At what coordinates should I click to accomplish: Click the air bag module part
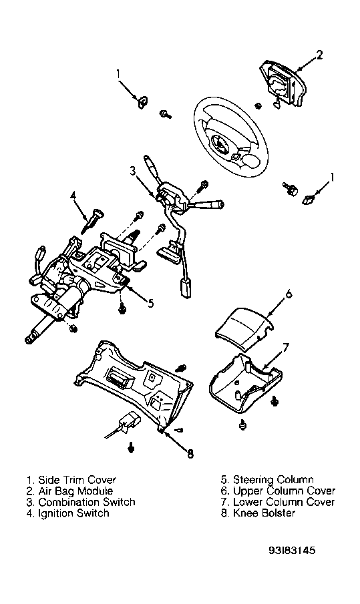click(x=284, y=85)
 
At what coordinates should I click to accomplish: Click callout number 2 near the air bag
click(x=319, y=55)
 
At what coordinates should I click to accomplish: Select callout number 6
click(x=288, y=294)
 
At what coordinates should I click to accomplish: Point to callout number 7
click(x=285, y=348)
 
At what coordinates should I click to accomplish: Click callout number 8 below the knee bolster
click(x=190, y=454)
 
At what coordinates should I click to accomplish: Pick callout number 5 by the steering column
click(x=150, y=303)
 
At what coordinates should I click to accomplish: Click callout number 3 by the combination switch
click(x=133, y=171)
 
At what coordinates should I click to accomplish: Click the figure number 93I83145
click(x=292, y=550)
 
